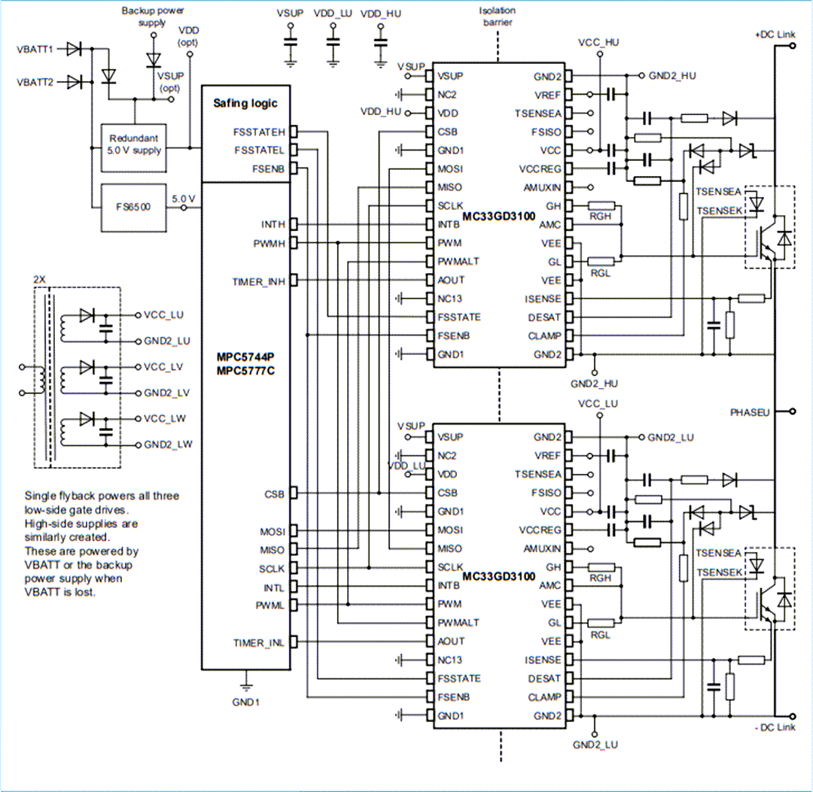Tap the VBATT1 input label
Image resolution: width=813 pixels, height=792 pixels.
[x=35, y=50]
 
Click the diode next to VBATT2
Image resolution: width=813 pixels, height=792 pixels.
[x=73, y=80]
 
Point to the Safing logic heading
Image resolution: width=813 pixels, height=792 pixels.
[x=245, y=103]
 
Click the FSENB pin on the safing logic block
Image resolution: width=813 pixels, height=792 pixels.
[x=269, y=168]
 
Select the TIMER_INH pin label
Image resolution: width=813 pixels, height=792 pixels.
[x=258, y=281]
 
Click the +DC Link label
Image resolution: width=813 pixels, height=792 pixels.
[x=769, y=35]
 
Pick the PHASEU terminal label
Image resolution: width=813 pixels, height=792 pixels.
[x=750, y=412]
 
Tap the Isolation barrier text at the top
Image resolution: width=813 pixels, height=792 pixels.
[x=496, y=17]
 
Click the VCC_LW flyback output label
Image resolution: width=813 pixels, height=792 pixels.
[x=168, y=419]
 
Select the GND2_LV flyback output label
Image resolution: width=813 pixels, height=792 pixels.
[x=168, y=393]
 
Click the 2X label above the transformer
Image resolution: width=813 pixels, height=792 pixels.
[x=40, y=279]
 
